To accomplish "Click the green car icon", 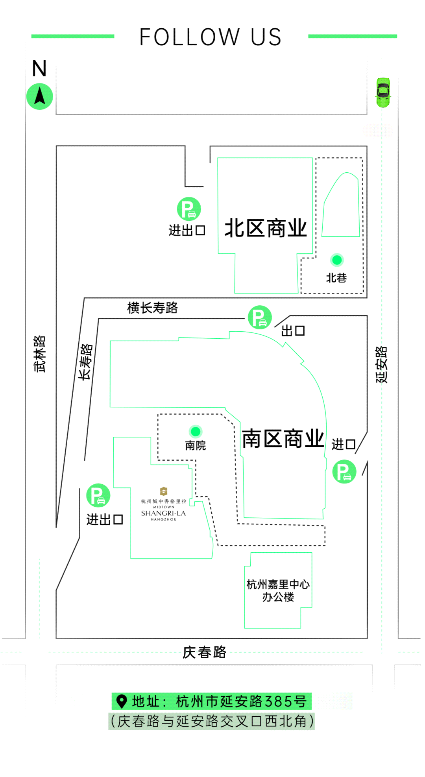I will click(x=383, y=92).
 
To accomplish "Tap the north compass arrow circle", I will click(x=39, y=96).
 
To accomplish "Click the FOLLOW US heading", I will click(x=211, y=37).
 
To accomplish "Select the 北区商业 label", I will click(x=266, y=228).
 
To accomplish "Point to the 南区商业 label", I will click(x=283, y=439).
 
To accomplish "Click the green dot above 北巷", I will click(x=337, y=260).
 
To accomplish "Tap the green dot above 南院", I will click(x=196, y=432).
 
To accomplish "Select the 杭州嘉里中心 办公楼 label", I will click(x=278, y=590).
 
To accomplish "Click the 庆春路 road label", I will click(x=204, y=652).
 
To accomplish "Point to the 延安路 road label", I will click(x=381, y=365).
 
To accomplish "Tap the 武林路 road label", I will click(x=39, y=354).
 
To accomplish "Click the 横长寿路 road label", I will click(x=152, y=308).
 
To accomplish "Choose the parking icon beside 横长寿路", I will click(x=260, y=317).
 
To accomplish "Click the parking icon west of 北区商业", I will click(x=189, y=209).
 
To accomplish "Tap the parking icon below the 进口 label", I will click(x=344, y=471).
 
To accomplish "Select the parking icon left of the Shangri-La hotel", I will click(x=98, y=495).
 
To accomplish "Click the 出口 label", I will click(x=293, y=331).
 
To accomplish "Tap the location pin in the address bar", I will click(x=122, y=701).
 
